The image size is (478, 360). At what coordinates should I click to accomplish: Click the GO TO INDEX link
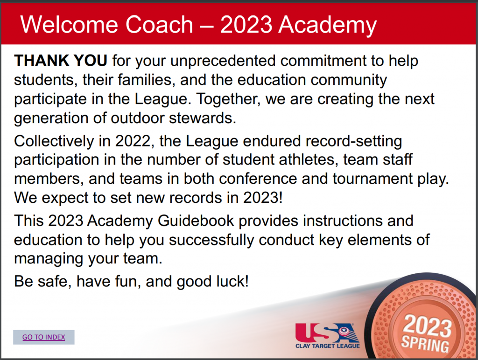(x=43, y=337)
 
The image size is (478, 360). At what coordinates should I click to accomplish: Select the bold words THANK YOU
(x=61, y=60)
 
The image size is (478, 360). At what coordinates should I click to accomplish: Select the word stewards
(x=203, y=118)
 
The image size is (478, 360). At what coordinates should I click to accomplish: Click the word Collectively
(x=54, y=141)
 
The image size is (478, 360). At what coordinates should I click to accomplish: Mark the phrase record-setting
(x=354, y=142)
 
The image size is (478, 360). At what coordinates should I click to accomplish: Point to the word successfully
(x=211, y=240)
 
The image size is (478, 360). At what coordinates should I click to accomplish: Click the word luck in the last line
(x=232, y=281)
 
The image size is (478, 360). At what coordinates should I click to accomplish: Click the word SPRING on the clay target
(x=425, y=344)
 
